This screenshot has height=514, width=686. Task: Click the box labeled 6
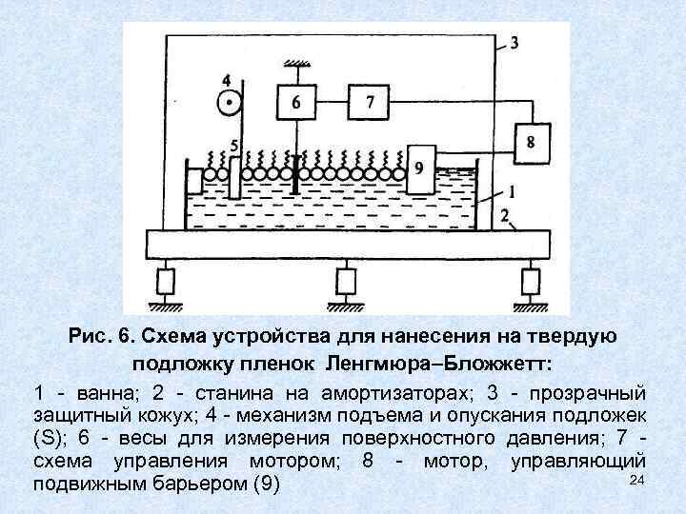click(x=296, y=101)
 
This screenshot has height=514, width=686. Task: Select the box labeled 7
click(x=370, y=101)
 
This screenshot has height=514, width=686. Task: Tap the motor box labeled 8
click(x=531, y=142)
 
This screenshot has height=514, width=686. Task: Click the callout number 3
click(x=514, y=44)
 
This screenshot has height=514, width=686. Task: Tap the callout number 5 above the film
click(x=235, y=146)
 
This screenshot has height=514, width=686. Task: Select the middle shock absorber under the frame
click(x=345, y=282)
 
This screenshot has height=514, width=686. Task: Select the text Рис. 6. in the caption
click(x=97, y=337)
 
